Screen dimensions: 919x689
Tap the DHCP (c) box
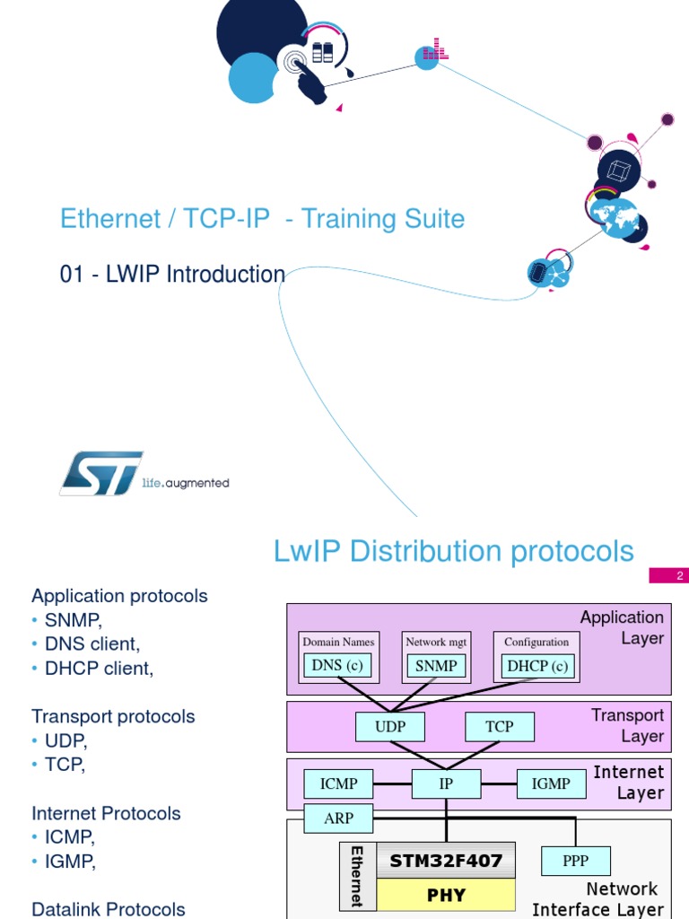pyautogui.click(x=537, y=666)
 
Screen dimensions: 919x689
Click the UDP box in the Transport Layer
pyautogui.click(x=390, y=727)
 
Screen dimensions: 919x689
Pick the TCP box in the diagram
pyautogui.click(x=500, y=727)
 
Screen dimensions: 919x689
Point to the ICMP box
pyautogui.click(x=339, y=783)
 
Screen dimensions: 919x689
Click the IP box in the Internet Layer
pyautogui.click(x=446, y=783)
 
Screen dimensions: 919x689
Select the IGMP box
pyautogui.click(x=551, y=783)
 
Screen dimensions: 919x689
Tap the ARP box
pyautogui.click(x=338, y=818)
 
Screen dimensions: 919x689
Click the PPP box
pyautogui.click(x=575, y=861)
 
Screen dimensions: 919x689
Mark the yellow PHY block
pyautogui.click(x=446, y=895)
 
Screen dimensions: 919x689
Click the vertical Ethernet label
pyautogui.click(x=356, y=876)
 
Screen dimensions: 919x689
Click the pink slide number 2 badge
pyautogui.click(x=680, y=575)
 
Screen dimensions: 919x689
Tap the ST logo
pyautogui.click(x=100, y=473)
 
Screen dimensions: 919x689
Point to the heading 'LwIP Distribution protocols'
pyautogui.click(x=453, y=551)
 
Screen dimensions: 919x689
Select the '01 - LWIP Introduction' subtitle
pyautogui.click(x=172, y=275)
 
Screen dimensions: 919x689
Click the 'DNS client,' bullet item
pyautogui.click(x=92, y=644)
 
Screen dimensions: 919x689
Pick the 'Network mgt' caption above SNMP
pyautogui.click(x=437, y=642)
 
